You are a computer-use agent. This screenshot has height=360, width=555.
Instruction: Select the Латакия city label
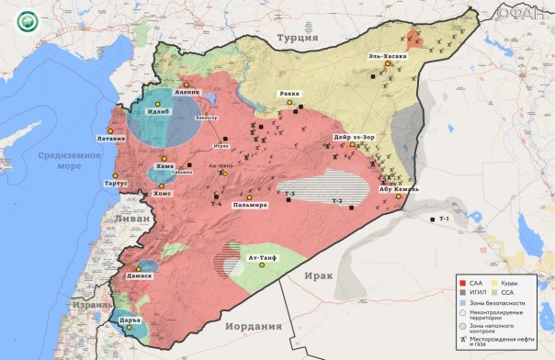pos(107,140)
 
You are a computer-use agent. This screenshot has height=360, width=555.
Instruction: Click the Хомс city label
pos(162,194)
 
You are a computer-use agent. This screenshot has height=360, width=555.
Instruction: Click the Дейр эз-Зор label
pos(354,139)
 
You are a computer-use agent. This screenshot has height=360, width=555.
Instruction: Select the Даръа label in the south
pos(128,319)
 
